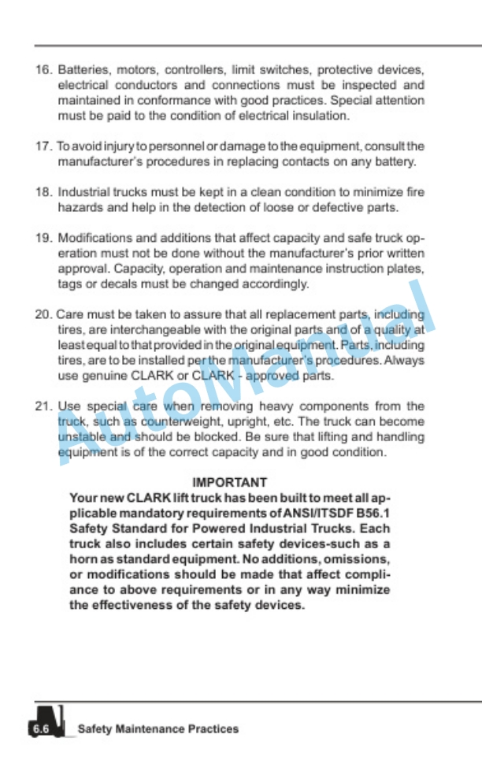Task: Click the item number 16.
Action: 43,69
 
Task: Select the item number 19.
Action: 43,237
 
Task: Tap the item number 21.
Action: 43,406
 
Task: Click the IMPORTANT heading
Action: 230,482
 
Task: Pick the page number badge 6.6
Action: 40,729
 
